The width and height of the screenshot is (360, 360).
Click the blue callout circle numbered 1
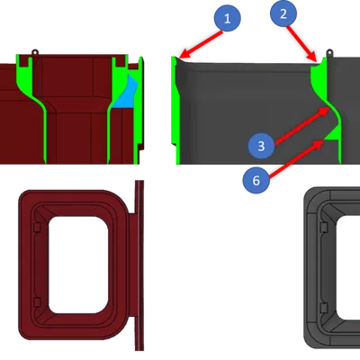[x=228, y=18]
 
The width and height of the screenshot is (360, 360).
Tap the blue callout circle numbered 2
[x=283, y=13]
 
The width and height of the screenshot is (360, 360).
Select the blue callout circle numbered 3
[x=261, y=146]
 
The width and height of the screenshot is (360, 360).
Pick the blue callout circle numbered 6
[x=256, y=181]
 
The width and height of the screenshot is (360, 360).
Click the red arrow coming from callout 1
[x=202, y=44]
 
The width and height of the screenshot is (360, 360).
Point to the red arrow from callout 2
[x=301, y=44]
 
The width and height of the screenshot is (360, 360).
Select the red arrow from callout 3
[x=302, y=126]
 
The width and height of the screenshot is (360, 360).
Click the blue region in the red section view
[x=125, y=93]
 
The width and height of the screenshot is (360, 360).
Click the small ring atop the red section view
[x=35, y=52]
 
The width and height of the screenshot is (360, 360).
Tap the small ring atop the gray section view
[x=329, y=52]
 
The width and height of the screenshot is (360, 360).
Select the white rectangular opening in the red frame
[x=78, y=265]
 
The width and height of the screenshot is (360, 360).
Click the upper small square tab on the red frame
[x=37, y=228]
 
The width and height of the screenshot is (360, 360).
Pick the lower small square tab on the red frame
[x=37, y=302]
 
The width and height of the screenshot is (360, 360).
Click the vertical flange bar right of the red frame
[x=139, y=265]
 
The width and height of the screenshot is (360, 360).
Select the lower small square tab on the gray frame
[x=324, y=308]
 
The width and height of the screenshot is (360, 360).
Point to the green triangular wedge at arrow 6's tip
[x=332, y=134]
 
